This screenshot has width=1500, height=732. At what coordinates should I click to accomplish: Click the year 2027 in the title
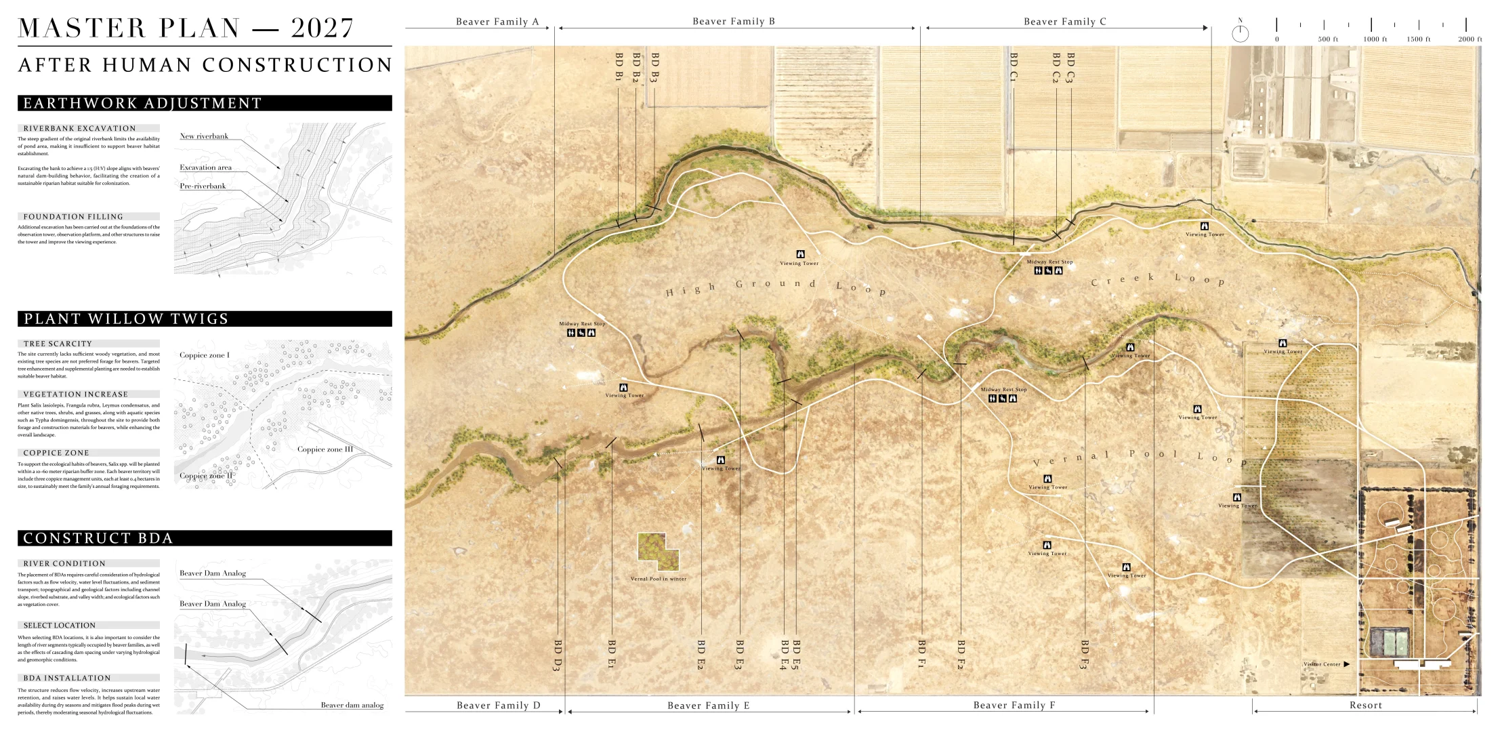tap(322, 28)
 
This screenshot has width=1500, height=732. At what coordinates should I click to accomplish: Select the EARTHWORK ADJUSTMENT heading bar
tap(204, 103)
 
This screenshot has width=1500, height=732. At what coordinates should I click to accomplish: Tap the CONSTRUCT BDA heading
tap(204, 538)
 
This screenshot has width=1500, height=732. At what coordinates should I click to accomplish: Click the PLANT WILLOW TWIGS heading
tap(204, 319)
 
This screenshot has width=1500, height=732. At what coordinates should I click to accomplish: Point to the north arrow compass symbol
tap(1240, 33)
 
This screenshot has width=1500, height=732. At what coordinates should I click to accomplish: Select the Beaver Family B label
tap(733, 22)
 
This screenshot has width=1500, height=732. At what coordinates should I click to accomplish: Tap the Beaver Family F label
tap(1014, 706)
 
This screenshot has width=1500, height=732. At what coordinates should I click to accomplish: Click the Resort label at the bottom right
tap(1365, 706)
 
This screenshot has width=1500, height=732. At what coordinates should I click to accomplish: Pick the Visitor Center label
tap(1322, 664)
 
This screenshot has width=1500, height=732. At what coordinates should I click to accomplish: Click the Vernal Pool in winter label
tap(658, 579)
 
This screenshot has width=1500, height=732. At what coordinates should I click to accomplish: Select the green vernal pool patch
tap(657, 551)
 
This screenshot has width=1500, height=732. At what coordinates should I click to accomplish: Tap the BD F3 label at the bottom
tap(1085, 654)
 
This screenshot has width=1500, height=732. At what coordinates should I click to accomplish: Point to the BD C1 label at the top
tap(1013, 67)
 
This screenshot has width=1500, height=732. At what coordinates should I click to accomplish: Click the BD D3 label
tap(558, 655)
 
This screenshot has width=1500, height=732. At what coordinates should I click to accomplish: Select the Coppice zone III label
tap(325, 449)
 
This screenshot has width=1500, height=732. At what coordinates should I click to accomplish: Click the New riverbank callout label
tap(203, 136)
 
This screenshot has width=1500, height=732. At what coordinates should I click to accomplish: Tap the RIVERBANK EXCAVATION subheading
tap(79, 128)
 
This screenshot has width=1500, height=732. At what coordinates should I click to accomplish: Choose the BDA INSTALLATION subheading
tap(66, 678)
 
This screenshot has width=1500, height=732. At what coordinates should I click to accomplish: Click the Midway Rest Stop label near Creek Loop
tap(1049, 262)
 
